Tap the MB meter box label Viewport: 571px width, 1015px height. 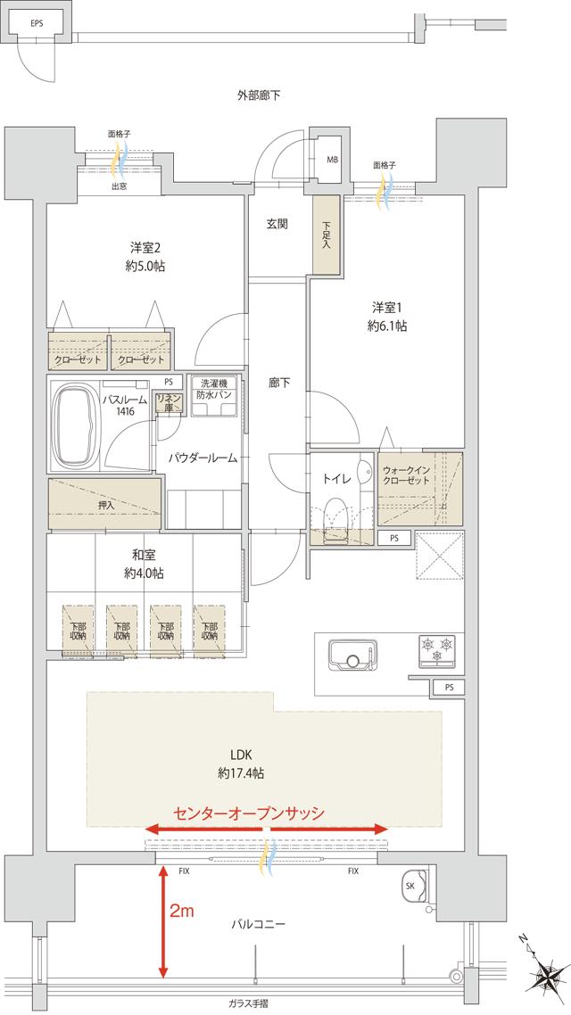click(x=332, y=160)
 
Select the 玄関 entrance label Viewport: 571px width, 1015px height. click(x=277, y=224)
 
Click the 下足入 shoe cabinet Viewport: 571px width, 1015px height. click(x=326, y=235)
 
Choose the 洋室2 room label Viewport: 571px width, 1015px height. click(x=145, y=257)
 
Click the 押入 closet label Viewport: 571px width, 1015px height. click(x=106, y=505)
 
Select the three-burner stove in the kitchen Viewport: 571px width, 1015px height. click(x=436, y=648)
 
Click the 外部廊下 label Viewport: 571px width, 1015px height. click(x=260, y=94)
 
